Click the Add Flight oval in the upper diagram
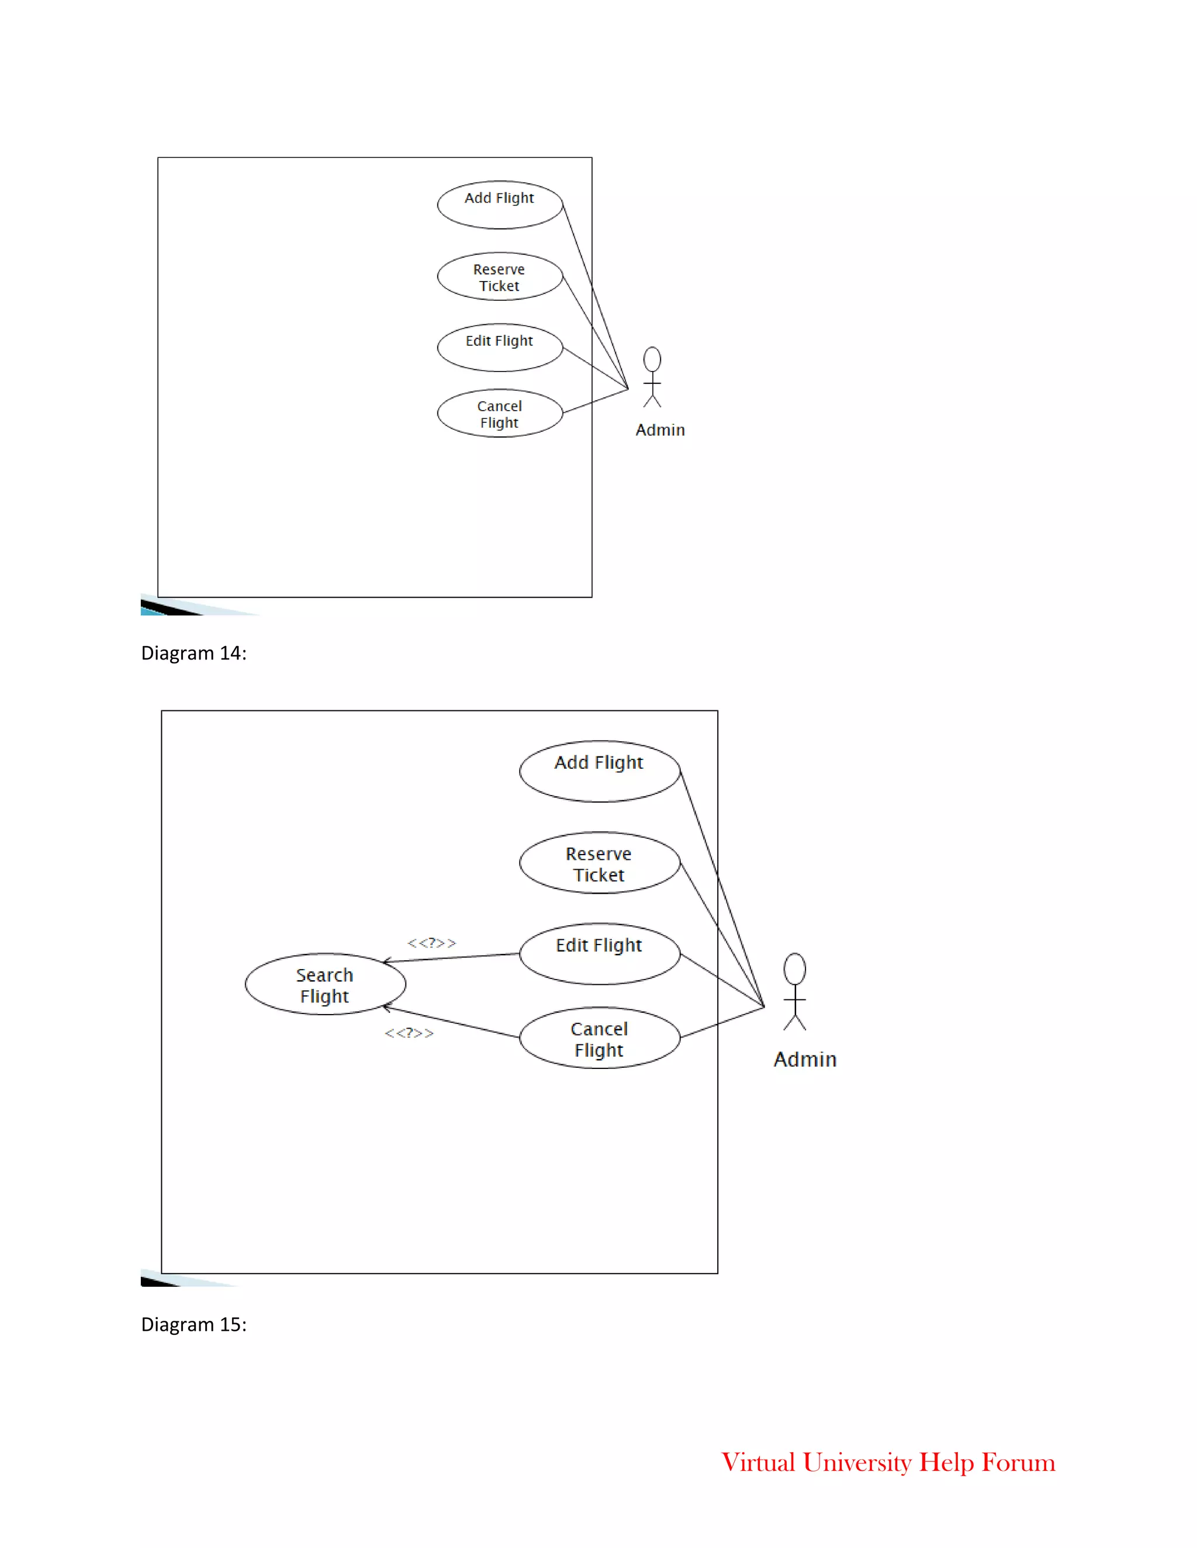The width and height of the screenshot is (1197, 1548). click(499, 205)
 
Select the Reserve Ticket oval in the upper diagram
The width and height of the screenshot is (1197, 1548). click(499, 276)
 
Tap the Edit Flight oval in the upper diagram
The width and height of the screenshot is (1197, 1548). click(499, 348)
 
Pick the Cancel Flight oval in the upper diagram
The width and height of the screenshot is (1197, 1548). click(499, 413)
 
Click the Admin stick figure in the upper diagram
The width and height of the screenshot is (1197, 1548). click(652, 377)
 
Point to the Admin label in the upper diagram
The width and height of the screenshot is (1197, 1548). click(659, 431)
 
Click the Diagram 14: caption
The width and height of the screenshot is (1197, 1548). click(193, 653)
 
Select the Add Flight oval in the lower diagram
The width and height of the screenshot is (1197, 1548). click(599, 771)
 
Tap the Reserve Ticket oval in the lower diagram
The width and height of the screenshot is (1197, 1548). click(599, 863)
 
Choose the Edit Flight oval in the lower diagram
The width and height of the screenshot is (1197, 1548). click(599, 953)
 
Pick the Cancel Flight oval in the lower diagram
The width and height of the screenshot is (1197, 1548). click(599, 1037)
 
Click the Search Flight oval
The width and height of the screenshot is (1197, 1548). click(325, 984)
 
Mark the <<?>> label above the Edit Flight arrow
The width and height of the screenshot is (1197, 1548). click(431, 943)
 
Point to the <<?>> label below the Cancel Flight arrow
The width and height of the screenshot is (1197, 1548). click(409, 1033)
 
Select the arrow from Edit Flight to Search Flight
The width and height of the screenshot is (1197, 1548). click(451, 957)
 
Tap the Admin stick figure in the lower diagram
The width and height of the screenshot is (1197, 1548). click(794, 992)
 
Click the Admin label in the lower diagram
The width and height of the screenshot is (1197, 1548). click(805, 1059)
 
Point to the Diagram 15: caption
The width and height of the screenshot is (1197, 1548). click(193, 1324)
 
